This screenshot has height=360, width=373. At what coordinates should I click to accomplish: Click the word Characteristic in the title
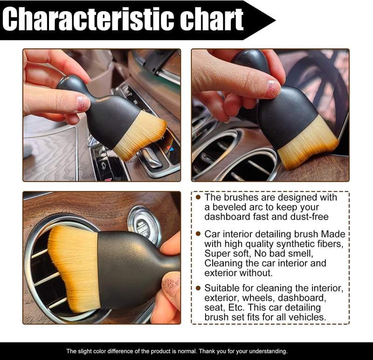pos(84,20)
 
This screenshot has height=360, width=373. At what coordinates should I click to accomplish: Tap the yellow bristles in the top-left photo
pos(140,136)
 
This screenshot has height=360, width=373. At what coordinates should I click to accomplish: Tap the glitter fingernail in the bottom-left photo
pos(171,285)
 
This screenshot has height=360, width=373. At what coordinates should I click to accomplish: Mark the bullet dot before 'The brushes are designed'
pos(198,197)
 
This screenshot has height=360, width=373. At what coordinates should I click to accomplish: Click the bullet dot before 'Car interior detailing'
pos(198,234)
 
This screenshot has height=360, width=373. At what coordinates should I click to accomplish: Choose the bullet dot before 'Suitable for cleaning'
pos(198,288)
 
